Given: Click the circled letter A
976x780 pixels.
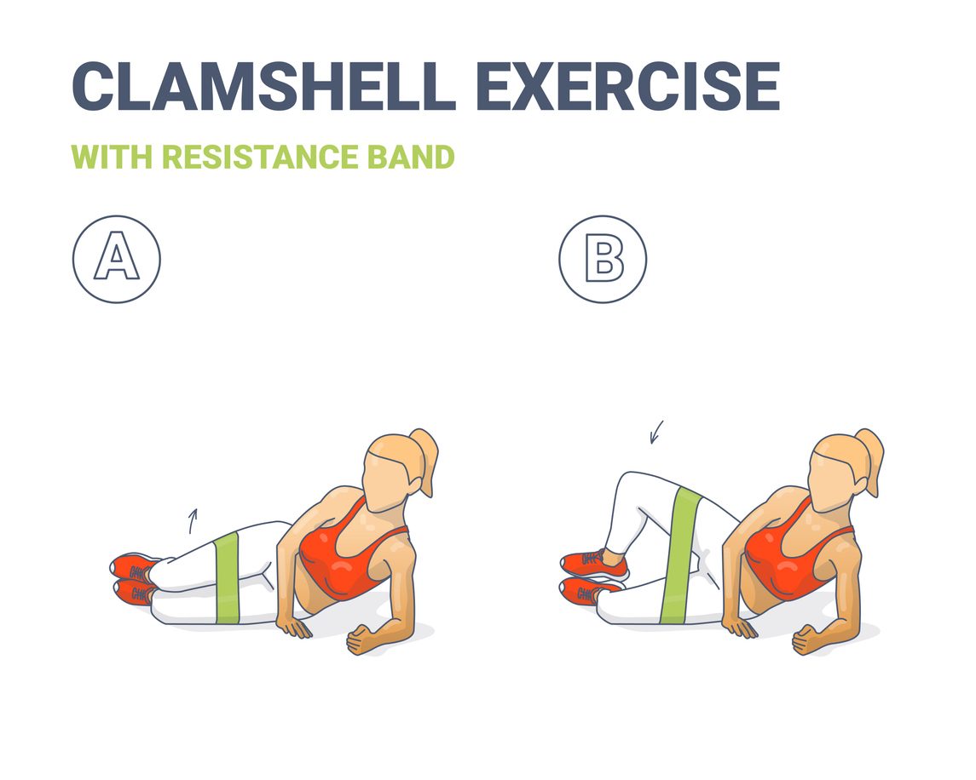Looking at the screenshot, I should [x=116, y=259].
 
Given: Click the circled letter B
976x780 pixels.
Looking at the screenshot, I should [x=603, y=259].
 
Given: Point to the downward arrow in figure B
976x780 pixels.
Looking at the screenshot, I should [x=655, y=432].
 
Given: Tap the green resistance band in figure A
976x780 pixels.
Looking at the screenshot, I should [x=228, y=579].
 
